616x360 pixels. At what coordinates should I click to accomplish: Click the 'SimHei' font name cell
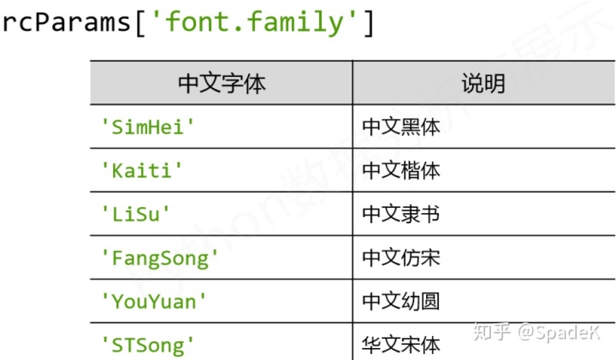click(x=149, y=127)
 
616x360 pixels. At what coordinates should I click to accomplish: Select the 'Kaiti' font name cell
click(x=142, y=170)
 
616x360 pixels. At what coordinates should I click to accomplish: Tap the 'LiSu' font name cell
click(x=136, y=214)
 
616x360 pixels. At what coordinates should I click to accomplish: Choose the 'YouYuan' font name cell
click(x=155, y=301)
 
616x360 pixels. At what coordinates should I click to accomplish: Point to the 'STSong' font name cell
click(x=149, y=345)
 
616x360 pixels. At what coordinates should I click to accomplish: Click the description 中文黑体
click(x=401, y=127)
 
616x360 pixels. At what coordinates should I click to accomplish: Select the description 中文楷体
click(x=401, y=170)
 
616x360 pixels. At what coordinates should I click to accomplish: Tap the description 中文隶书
click(x=401, y=214)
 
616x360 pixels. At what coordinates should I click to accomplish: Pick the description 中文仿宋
click(x=401, y=257)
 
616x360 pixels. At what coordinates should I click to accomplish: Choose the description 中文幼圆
click(x=401, y=301)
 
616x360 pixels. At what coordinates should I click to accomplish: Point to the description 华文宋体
click(x=401, y=345)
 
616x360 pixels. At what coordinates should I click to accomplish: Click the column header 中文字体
click(x=222, y=83)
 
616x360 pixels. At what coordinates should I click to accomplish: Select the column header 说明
click(x=483, y=83)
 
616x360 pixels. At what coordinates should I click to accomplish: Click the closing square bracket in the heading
click(x=369, y=21)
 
